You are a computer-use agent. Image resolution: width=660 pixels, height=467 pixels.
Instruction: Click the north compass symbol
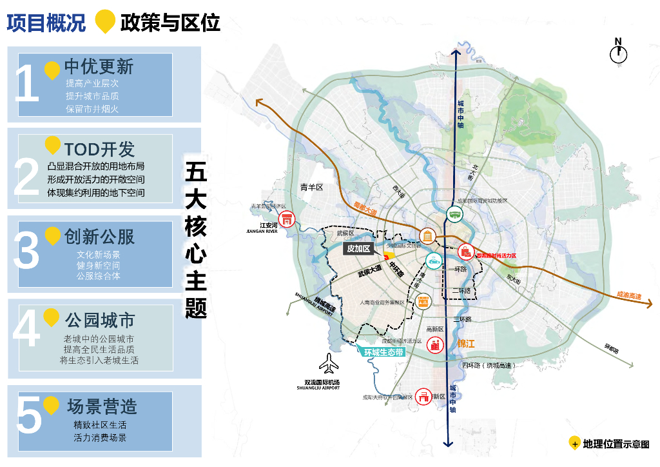[x=619, y=54]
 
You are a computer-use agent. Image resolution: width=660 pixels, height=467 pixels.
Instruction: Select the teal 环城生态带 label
[x=383, y=352]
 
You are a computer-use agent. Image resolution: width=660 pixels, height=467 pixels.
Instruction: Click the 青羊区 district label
[x=311, y=187]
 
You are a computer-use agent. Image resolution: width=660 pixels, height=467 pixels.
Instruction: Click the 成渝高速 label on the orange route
[x=628, y=295]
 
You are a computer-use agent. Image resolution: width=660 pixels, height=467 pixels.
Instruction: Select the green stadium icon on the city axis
[x=454, y=215]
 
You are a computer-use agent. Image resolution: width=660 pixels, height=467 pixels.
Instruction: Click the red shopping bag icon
[x=465, y=252]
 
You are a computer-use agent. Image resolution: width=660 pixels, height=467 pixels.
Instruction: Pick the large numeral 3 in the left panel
[x=27, y=252]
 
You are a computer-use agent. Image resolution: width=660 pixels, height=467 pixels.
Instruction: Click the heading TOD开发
[x=99, y=150]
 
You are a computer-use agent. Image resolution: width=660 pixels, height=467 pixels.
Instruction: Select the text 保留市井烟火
[x=92, y=109]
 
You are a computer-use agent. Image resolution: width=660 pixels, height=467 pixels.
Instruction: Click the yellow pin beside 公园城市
[x=52, y=317]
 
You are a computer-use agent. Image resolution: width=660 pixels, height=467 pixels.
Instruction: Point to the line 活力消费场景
[x=100, y=438]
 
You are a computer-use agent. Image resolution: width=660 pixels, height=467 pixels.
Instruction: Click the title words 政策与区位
[x=170, y=23]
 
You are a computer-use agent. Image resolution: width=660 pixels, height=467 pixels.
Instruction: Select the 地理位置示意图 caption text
[x=616, y=444]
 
